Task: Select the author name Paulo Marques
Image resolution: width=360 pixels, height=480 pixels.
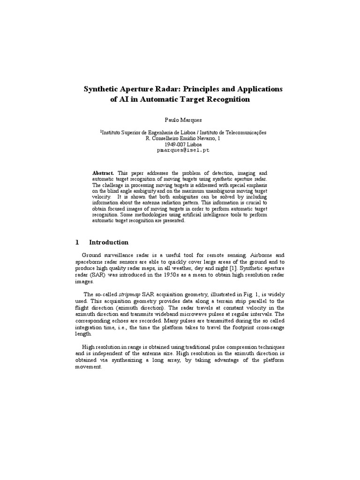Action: (180, 120)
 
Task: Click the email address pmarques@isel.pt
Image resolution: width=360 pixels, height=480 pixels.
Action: (180, 150)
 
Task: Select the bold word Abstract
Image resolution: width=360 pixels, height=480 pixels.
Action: (103, 173)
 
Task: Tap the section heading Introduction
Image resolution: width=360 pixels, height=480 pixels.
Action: (109, 242)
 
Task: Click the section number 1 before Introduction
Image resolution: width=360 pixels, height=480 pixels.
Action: (77, 242)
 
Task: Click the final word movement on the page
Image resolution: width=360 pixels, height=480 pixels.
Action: (89, 367)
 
